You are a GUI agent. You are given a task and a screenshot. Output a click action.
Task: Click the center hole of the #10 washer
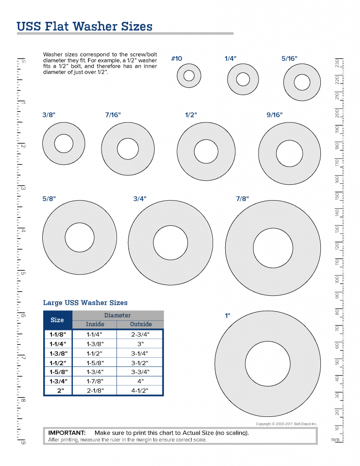[189, 76]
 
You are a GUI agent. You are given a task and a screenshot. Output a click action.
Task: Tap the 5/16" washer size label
[289, 59]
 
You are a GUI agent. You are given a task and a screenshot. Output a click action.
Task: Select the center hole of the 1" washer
[268, 362]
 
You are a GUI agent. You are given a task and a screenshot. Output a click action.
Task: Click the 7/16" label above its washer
[112, 115]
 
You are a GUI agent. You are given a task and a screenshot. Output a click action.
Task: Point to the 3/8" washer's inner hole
[63, 144]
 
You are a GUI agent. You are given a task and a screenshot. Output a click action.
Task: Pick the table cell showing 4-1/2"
[140, 390]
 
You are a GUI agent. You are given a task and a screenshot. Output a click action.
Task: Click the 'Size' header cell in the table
[57, 319]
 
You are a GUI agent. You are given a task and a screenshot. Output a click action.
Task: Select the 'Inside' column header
[95, 324]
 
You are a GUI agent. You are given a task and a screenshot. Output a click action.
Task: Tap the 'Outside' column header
[140, 324]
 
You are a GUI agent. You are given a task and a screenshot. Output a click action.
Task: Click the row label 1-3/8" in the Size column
[58, 353]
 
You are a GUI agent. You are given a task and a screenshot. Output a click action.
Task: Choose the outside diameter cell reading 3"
[140, 344]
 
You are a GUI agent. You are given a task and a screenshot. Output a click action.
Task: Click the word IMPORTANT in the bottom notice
[67, 433]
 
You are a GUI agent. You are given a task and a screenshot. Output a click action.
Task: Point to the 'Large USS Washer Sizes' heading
[85, 303]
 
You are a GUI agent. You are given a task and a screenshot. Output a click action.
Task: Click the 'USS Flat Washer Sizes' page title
[84, 26]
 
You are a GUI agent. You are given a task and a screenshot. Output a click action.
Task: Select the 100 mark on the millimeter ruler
[337, 279]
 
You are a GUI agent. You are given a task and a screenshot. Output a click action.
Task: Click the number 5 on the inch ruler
[23, 274]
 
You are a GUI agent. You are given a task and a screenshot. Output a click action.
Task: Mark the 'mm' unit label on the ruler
[335, 440]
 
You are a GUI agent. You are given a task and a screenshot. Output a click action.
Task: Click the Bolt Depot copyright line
[286, 424]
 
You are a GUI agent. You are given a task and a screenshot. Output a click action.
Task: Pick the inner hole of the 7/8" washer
[273, 248]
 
